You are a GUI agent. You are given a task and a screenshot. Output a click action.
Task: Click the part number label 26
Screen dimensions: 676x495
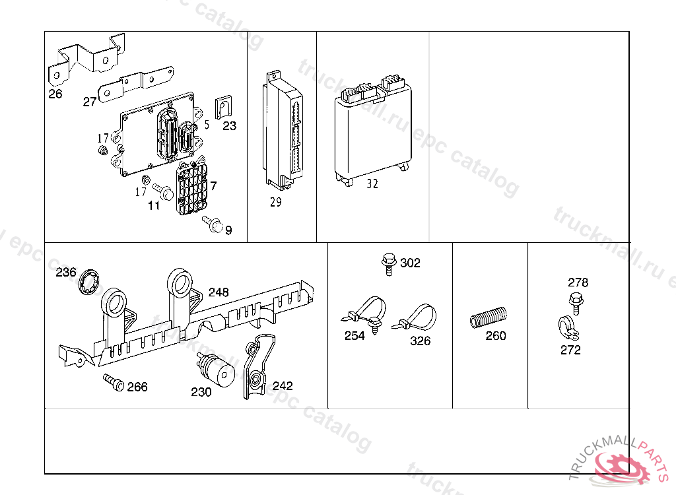(x=55, y=94)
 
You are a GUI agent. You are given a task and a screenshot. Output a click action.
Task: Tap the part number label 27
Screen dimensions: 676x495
(x=90, y=102)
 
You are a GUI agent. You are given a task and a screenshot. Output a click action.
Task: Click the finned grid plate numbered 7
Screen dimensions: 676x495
(x=192, y=187)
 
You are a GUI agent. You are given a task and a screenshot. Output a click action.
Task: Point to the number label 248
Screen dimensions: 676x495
(x=219, y=292)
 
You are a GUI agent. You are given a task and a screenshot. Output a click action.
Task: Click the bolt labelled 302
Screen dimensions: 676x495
(x=389, y=263)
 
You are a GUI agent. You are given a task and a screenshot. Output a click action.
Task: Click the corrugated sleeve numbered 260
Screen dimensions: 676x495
(x=489, y=318)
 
